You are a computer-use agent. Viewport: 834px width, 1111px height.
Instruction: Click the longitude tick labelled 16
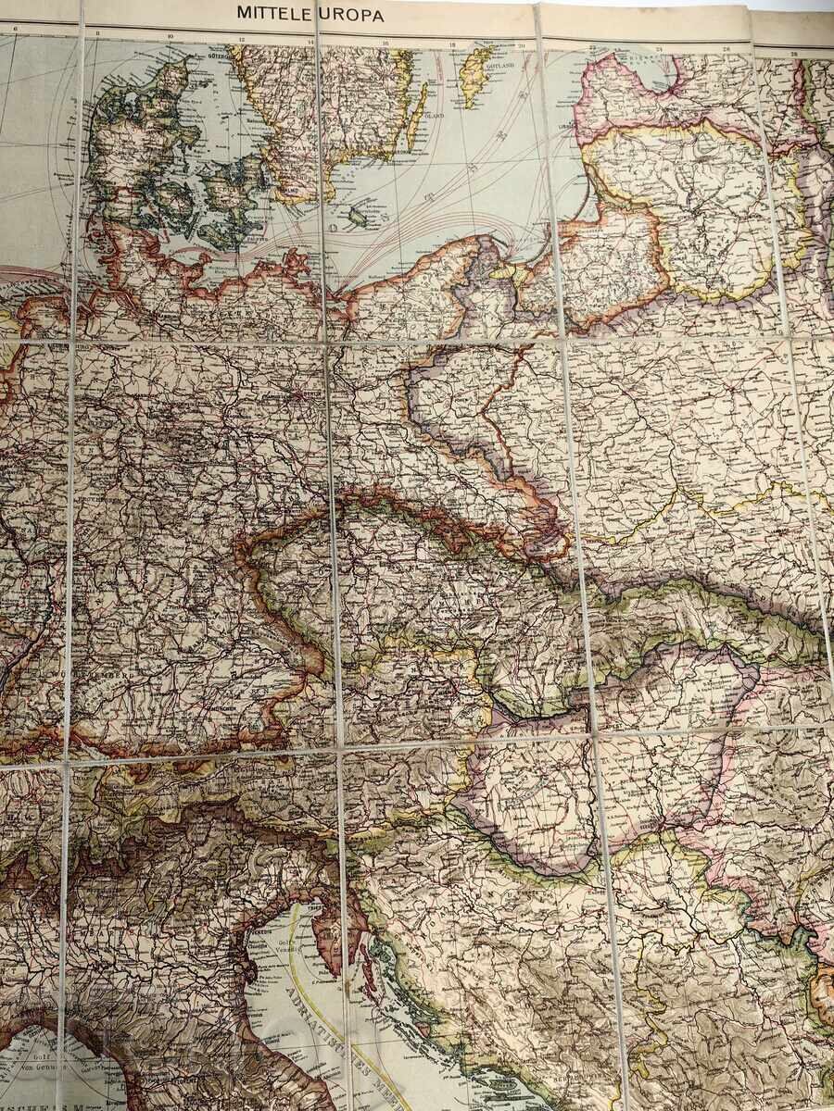[x=385, y=44]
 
